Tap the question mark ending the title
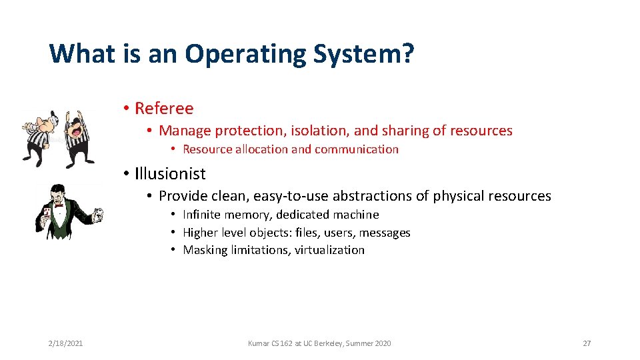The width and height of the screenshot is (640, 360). click(406, 53)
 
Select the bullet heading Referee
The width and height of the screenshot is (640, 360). click(164, 108)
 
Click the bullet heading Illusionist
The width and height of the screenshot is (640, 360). click(170, 174)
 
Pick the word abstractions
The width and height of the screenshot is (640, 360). click(381, 196)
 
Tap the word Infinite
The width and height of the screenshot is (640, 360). click(203, 215)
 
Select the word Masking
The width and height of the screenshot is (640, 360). click(205, 250)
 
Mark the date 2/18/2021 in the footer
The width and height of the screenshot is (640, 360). click(65, 343)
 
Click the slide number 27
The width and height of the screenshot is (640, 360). click(587, 343)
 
